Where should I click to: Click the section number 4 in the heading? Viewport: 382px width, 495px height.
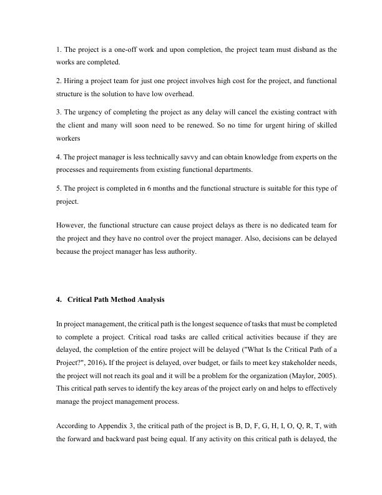click(x=58, y=299)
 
